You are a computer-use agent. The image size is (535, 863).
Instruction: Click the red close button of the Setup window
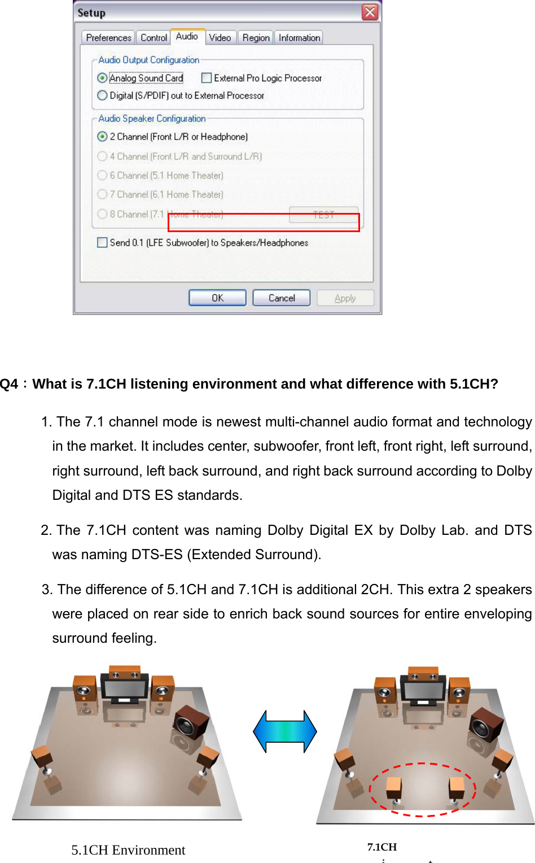tap(370, 12)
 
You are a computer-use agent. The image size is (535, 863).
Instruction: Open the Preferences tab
tap(108, 38)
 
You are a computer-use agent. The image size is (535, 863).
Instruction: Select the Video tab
tap(220, 38)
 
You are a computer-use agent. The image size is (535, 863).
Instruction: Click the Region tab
tap(256, 38)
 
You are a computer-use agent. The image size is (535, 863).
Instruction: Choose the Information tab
tap(299, 38)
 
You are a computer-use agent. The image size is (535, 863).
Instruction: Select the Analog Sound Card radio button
tap(102, 78)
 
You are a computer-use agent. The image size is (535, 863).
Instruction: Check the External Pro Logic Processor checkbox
tap(207, 78)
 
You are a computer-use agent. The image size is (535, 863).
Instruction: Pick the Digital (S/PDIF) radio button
tap(102, 95)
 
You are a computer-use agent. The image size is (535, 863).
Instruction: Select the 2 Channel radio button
tap(102, 137)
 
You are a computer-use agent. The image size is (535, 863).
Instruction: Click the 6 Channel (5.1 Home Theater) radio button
tap(102, 176)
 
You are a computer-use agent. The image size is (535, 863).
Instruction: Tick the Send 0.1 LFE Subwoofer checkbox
tap(102, 242)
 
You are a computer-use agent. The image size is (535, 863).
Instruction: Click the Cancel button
tap(281, 298)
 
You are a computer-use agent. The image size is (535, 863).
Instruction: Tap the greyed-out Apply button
tap(345, 298)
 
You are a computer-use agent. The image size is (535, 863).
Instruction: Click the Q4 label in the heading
tap(10, 384)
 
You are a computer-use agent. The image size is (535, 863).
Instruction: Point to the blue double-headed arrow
tap(285, 731)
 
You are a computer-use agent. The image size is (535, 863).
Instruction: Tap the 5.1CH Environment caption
tap(128, 850)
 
